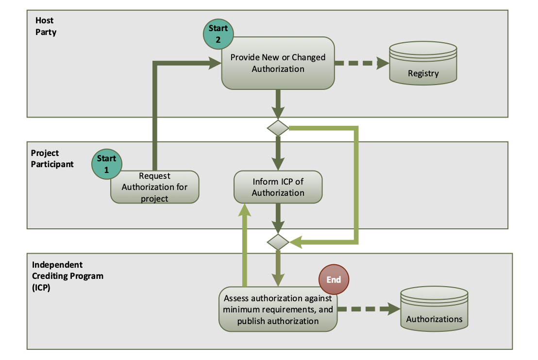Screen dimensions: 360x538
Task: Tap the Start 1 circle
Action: (107, 164)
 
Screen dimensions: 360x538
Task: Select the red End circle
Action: (334, 280)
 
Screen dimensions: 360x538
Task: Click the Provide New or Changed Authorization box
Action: (278, 64)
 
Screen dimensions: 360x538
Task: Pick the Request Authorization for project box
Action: (154, 187)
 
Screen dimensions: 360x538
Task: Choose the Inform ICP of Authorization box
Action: (278, 187)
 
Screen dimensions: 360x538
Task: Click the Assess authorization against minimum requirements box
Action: (278, 309)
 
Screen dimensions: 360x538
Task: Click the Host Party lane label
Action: (46, 27)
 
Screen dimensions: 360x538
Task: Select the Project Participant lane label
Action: (52, 158)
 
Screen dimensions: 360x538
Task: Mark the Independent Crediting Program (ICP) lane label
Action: (67, 276)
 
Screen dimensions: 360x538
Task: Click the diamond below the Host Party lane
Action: (278, 128)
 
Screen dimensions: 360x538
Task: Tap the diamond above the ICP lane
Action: (278, 241)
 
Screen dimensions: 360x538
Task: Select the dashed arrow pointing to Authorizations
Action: (368, 309)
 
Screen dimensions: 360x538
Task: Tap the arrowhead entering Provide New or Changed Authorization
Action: (214, 63)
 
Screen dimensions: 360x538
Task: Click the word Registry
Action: (423, 74)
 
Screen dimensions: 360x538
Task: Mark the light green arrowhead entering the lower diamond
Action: (296, 241)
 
